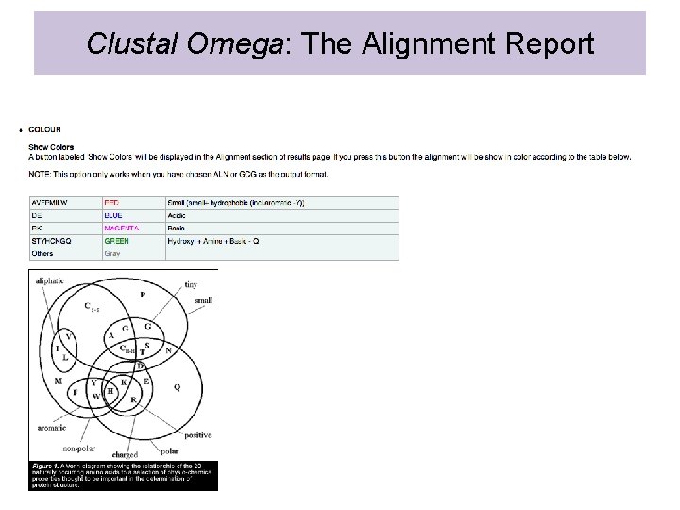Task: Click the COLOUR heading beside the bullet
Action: click(44, 129)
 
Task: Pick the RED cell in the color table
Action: click(111, 203)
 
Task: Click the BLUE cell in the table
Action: click(113, 215)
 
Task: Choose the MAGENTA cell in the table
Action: click(121, 229)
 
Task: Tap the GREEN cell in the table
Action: click(116, 241)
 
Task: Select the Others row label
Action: click(42, 253)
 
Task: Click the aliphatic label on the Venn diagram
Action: click(49, 280)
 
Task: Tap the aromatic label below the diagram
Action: click(51, 428)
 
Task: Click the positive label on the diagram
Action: click(197, 435)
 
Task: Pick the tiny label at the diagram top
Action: click(191, 284)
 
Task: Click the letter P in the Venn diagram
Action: click(143, 295)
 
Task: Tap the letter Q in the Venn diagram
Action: click(177, 387)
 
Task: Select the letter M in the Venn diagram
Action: click(58, 382)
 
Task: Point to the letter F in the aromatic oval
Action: click(75, 392)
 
